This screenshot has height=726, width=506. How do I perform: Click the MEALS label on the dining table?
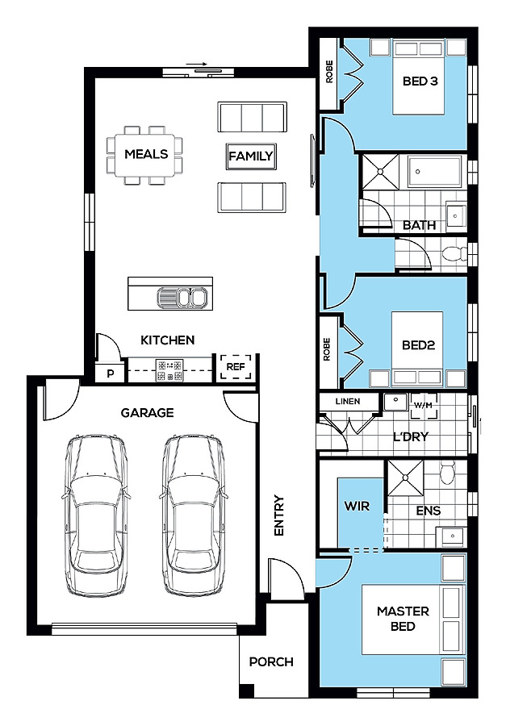(146, 154)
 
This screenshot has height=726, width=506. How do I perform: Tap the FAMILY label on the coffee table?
(251, 156)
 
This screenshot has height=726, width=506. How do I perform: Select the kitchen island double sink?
(182, 297)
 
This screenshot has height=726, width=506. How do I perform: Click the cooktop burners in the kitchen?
(170, 370)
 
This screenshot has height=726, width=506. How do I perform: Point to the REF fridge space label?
(236, 367)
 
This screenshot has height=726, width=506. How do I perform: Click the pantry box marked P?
(110, 372)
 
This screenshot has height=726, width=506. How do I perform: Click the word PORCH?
(271, 662)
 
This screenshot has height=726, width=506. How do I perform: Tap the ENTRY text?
(278, 515)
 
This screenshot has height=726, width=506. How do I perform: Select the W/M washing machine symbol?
(423, 406)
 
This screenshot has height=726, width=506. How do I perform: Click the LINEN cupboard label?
(348, 402)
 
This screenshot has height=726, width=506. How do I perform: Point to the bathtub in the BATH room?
(434, 172)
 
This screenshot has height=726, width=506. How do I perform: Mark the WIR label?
(357, 506)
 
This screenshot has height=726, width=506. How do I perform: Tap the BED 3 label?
(420, 81)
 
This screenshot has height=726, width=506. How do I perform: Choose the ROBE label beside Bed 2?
(327, 349)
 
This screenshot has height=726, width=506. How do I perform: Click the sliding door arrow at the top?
(197, 65)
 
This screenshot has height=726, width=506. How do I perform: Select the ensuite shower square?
(405, 478)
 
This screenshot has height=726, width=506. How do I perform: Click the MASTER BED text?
(403, 619)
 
